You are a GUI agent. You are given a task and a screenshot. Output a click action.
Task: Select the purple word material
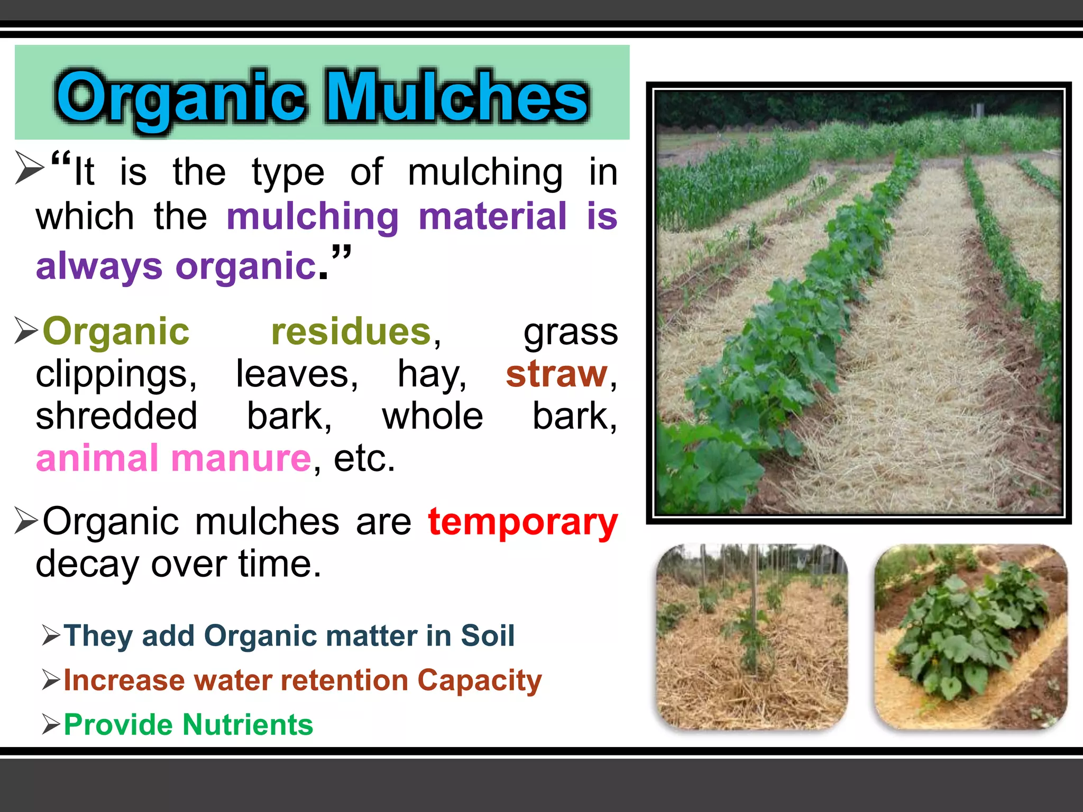coord(492,216)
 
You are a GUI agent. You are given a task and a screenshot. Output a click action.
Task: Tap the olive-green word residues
coord(351,332)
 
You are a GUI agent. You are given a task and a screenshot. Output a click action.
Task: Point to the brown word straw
coord(556,374)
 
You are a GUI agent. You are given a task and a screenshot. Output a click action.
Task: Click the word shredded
coord(116,416)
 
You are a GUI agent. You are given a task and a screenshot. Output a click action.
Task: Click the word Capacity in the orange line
coord(479,681)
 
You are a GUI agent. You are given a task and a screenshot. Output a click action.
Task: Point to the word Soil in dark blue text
coord(488,635)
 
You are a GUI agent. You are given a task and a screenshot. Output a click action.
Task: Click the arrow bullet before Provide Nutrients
coord(51,724)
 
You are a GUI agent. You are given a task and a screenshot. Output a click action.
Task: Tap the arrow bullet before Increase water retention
coord(51,680)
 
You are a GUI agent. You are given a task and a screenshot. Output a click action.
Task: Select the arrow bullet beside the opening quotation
coord(29,167)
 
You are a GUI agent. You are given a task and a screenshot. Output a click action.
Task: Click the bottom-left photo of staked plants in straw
coord(751,637)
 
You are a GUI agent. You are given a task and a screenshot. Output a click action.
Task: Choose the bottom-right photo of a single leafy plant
coord(970,637)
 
